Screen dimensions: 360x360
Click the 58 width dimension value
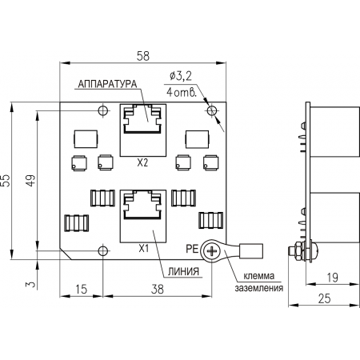click(x=143, y=56)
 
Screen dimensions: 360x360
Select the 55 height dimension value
click(x=6, y=181)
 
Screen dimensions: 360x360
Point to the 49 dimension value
click(x=30, y=181)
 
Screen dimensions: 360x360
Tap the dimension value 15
click(x=81, y=290)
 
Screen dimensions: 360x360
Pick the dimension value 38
click(x=158, y=290)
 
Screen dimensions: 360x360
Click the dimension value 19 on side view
click(x=332, y=278)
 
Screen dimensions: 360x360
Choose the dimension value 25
click(x=324, y=298)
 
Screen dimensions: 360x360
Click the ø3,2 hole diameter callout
click(x=181, y=76)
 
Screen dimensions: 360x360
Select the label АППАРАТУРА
click(x=107, y=84)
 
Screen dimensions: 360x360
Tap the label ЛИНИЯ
click(x=183, y=272)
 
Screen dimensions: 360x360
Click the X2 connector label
click(x=142, y=162)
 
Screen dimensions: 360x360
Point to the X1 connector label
click(x=144, y=249)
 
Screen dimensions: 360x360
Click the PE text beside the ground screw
click(x=192, y=249)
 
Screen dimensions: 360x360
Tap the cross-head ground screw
click(x=212, y=251)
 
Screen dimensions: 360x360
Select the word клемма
click(x=258, y=276)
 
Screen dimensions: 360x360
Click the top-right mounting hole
click(x=212, y=110)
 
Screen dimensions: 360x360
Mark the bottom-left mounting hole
click(x=102, y=250)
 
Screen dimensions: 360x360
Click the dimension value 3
click(x=30, y=284)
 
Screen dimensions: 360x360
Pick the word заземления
click(x=258, y=288)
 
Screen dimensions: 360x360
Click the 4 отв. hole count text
click(x=182, y=92)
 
